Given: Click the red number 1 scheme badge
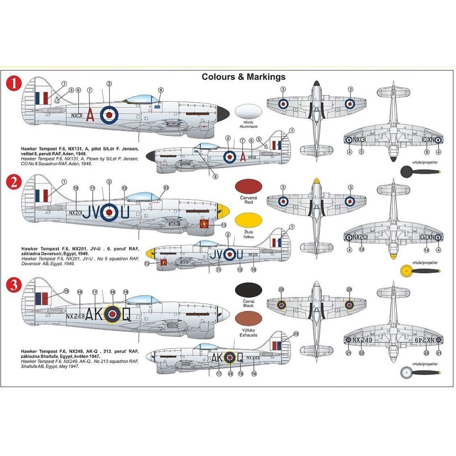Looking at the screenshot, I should click(x=15, y=84).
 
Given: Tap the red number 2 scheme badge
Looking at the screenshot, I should click(x=15, y=183).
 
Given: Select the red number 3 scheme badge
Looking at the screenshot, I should click(x=15, y=286).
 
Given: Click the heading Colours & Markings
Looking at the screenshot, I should click(x=244, y=77).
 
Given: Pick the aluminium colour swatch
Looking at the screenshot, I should click(x=248, y=113).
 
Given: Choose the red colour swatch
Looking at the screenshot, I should click(x=248, y=187).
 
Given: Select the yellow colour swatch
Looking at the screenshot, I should click(x=248, y=221).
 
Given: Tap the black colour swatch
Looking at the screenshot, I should click(x=248, y=290).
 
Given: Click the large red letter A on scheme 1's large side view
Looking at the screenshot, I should click(x=90, y=116).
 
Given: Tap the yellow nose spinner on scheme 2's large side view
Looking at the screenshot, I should click(x=223, y=210).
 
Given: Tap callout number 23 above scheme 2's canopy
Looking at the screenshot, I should click(x=166, y=188).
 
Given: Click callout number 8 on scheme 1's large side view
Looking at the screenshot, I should click(x=161, y=90).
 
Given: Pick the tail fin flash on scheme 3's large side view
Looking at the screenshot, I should click(x=41, y=299).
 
